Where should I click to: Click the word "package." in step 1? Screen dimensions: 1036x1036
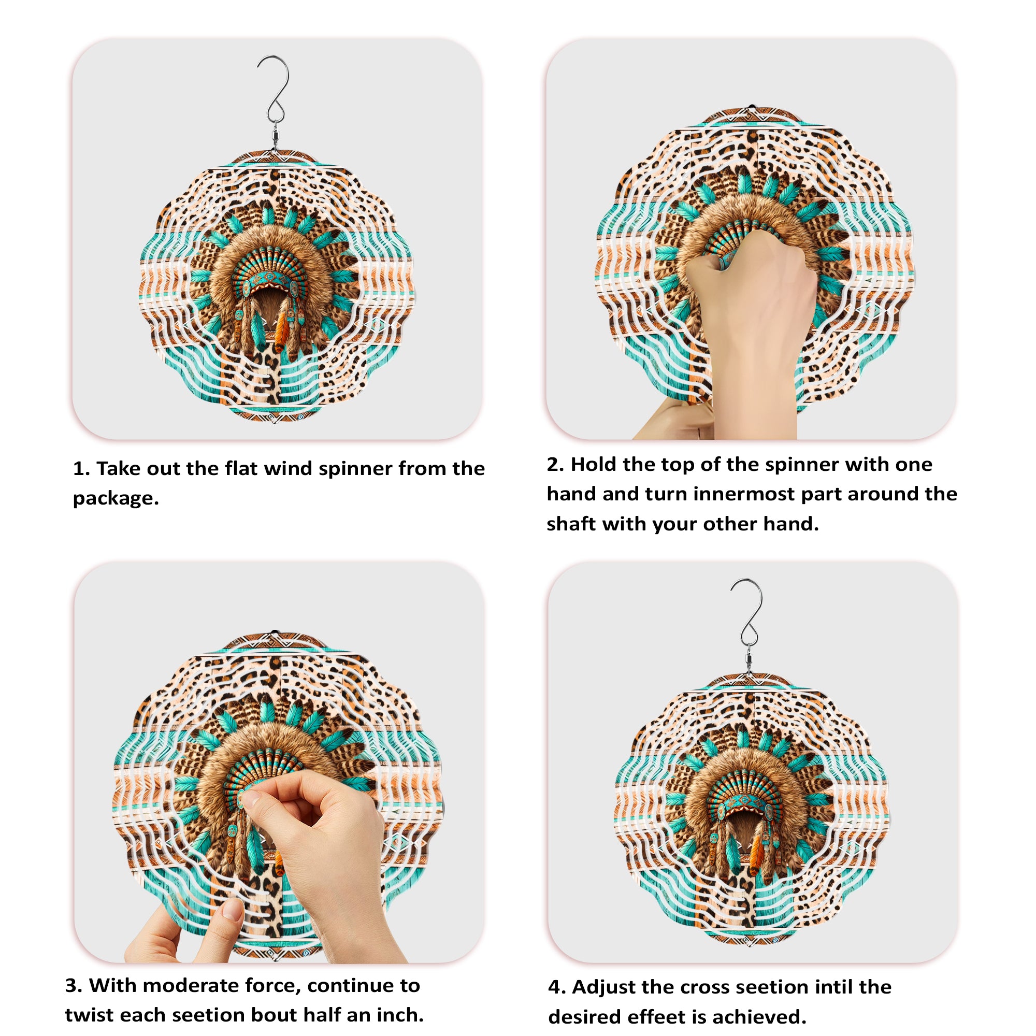(x=116, y=499)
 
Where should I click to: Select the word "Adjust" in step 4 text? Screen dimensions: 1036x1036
(x=603, y=987)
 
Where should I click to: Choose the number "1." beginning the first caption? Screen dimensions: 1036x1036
(x=81, y=469)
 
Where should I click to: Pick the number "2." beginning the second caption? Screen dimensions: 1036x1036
(x=555, y=464)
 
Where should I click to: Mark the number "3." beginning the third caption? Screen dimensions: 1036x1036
(x=74, y=986)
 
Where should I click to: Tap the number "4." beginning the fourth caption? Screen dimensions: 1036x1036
(x=557, y=987)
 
